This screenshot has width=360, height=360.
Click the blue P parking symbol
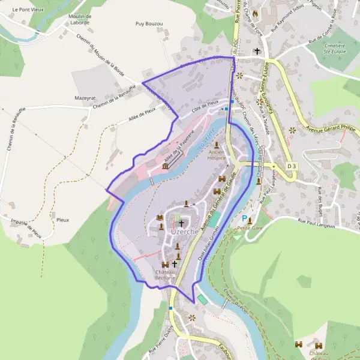pyautogui.click(x=244, y=219)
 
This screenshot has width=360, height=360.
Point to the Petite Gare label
pyautogui.click(x=247, y=228)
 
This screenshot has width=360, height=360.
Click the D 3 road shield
pyautogui.click(x=292, y=166)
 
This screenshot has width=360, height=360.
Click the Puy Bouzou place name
pyautogui.click(x=149, y=24)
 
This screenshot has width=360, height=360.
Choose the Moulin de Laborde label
pyautogui.click(x=79, y=19)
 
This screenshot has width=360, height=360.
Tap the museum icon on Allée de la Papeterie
pyautogui.click(x=165, y=166)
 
